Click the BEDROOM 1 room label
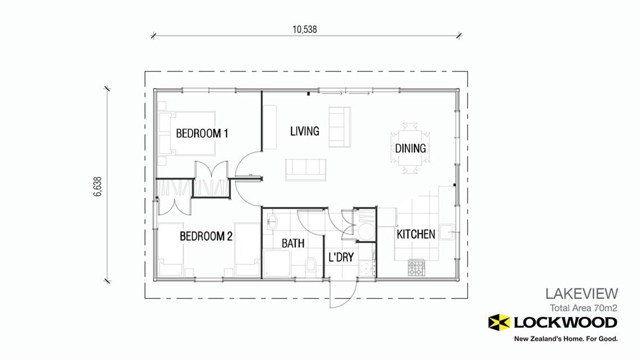tap(202, 134)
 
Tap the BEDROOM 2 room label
tap(206, 236)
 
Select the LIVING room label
tap(304, 131)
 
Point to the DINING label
tap(410, 149)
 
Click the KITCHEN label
tap(415, 234)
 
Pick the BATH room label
tap(293, 243)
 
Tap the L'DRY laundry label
tap(341, 258)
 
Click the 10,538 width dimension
tap(305, 29)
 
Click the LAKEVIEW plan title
tap(582, 293)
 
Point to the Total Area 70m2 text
tap(583, 308)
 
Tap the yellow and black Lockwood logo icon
tap(499, 322)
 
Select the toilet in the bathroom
tap(310, 265)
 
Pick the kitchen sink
tap(447, 231)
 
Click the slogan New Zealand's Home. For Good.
tap(566, 339)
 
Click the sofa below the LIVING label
tap(305, 169)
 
